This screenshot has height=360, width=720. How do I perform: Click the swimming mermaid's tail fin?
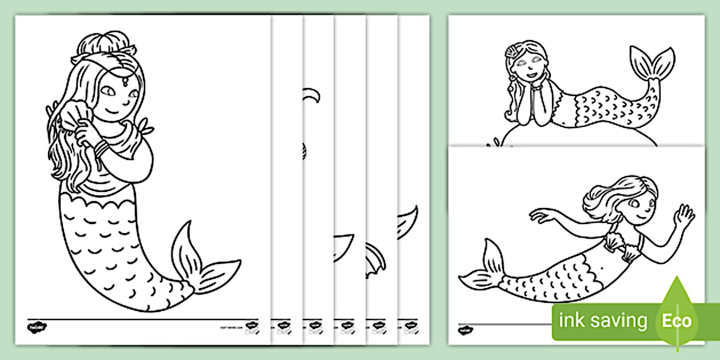(483, 269)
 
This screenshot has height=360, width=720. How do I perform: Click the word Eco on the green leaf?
(677, 321)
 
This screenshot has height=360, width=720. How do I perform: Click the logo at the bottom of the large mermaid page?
(37, 327)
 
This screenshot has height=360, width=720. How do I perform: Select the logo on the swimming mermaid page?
(466, 328)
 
